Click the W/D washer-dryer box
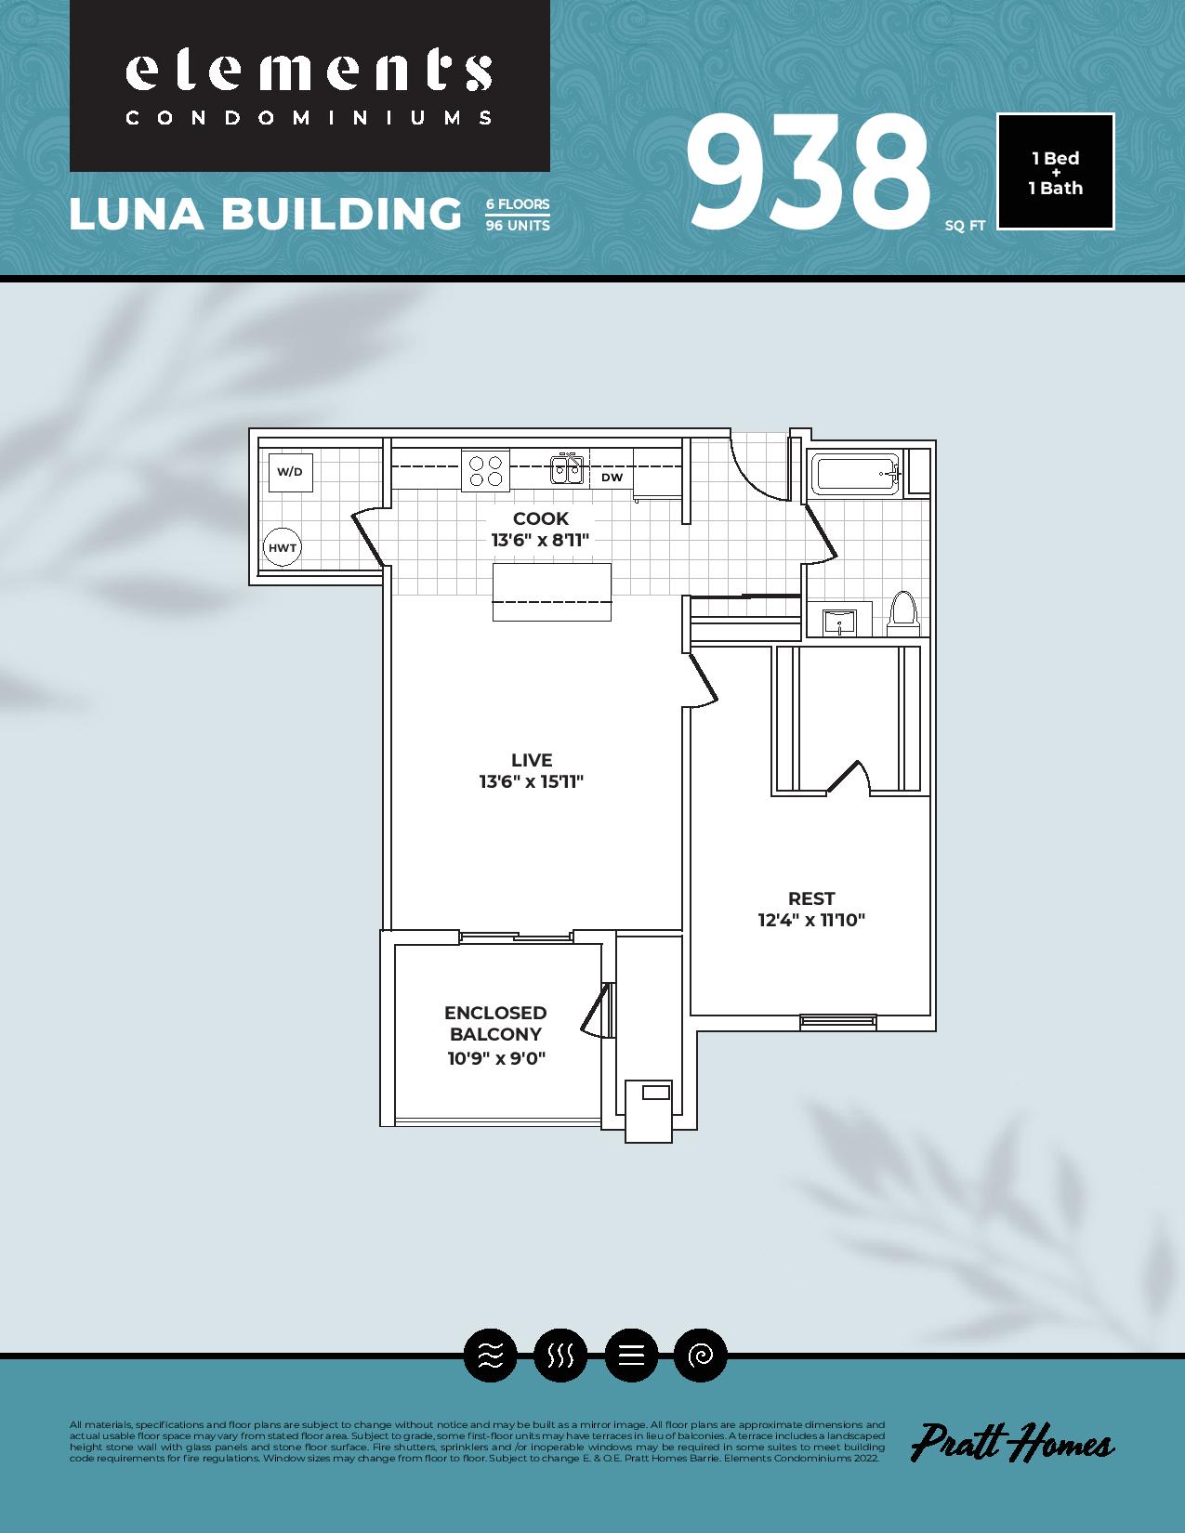[290, 472]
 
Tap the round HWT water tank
[283, 546]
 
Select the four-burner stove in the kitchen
[485, 470]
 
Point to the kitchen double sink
[567, 469]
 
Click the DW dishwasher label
[612, 478]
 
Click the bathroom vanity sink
[839, 622]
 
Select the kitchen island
[552, 592]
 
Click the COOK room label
[541, 518]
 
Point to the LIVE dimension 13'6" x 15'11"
[532, 781]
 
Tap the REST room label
[811, 898]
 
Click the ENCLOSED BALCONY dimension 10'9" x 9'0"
[496, 1058]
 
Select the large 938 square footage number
[808, 173]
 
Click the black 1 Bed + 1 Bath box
[1056, 172]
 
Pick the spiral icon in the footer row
[700, 1356]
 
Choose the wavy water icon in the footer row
[491, 1356]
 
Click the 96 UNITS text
[518, 226]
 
